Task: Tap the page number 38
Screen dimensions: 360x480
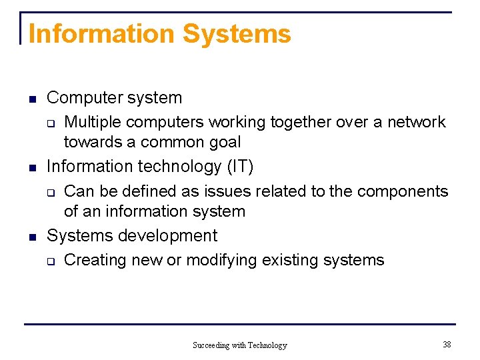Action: click(x=447, y=344)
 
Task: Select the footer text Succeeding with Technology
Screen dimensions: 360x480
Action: click(x=239, y=345)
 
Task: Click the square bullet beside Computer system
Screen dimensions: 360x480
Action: click(x=31, y=100)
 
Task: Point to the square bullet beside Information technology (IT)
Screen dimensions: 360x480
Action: click(x=31, y=168)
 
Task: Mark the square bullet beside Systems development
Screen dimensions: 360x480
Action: click(x=31, y=237)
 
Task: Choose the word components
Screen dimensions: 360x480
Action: click(x=403, y=191)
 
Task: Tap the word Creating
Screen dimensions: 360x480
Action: click(x=95, y=260)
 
